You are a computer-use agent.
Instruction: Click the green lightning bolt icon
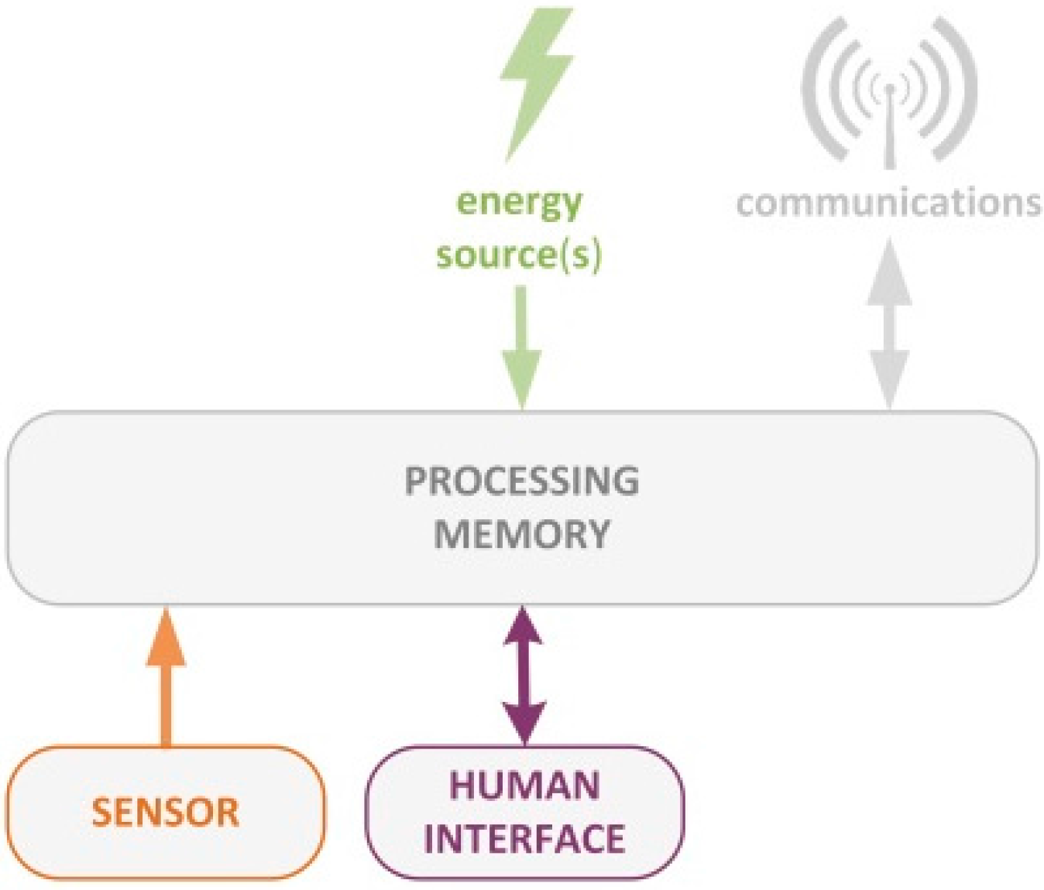click(x=536, y=81)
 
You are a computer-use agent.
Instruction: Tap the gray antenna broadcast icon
click(x=889, y=89)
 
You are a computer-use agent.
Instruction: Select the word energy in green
click(x=519, y=203)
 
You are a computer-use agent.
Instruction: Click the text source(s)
click(x=519, y=255)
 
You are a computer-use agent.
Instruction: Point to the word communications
click(x=888, y=203)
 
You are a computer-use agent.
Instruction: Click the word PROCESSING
click(x=522, y=481)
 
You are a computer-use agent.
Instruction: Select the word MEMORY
click(x=522, y=534)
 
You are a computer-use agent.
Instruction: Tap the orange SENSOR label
click(x=166, y=813)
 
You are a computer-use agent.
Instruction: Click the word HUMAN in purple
click(x=525, y=786)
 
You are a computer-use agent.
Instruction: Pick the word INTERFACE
click(x=525, y=839)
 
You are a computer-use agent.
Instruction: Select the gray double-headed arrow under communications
click(x=890, y=325)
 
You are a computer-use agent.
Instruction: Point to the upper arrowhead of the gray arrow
click(x=890, y=271)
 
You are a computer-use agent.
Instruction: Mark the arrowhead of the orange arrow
click(x=166, y=638)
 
